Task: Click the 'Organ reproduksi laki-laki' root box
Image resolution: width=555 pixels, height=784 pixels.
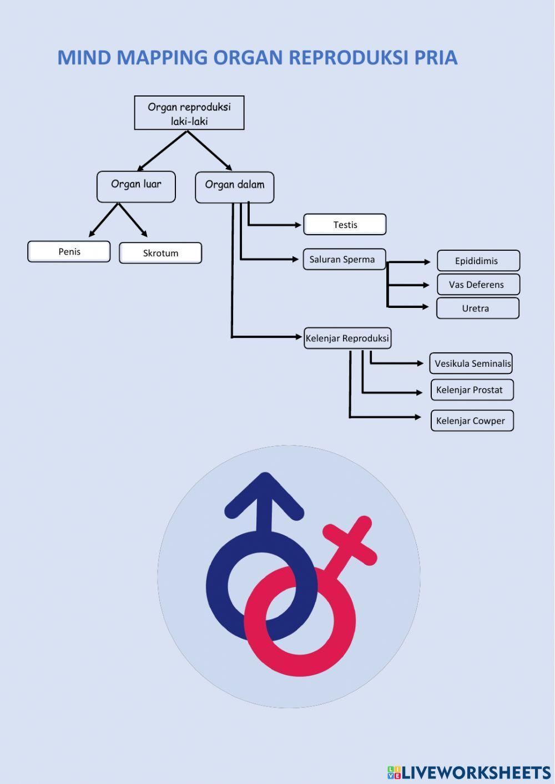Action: tap(189, 113)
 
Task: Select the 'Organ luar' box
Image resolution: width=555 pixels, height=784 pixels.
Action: tap(136, 186)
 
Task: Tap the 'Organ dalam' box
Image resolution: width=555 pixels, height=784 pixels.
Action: tap(234, 187)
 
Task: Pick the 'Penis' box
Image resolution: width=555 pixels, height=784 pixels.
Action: tap(69, 251)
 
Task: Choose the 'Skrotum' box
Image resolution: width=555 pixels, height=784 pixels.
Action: tap(160, 253)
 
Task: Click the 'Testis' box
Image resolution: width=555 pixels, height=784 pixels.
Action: tap(345, 225)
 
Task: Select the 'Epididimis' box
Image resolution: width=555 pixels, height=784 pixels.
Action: tap(478, 261)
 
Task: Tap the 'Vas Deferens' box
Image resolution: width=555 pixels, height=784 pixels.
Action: tap(478, 285)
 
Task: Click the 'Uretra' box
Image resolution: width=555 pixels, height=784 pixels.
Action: tap(477, 308)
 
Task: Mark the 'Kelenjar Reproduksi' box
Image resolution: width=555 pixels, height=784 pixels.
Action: tap(348, 338)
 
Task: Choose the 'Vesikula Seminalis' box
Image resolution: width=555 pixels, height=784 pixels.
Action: tap(471, 363)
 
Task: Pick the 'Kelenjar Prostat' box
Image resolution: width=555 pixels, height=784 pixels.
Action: tap(472, 390)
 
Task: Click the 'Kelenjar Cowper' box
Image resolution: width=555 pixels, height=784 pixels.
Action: tap(472, 421)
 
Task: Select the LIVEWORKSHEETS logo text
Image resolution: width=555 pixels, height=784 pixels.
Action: tap(476, 772)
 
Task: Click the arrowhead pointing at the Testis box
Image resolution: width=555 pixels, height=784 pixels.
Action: tap(299, 225)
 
